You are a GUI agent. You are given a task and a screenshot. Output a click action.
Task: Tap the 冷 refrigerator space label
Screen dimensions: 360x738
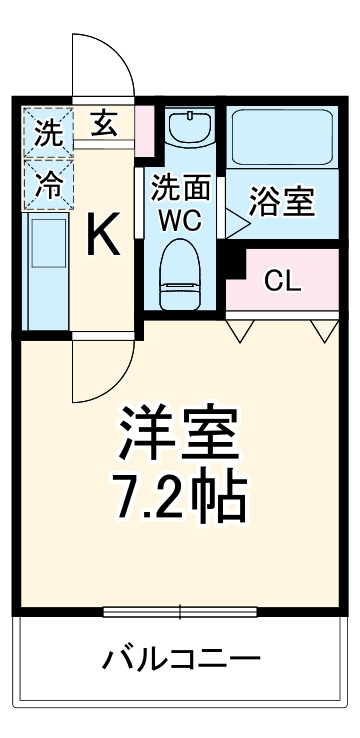(48, 183)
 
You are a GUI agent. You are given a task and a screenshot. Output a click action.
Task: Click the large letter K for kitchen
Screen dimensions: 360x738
(103, 236)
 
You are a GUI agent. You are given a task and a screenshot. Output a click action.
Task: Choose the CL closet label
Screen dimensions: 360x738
(282, 281)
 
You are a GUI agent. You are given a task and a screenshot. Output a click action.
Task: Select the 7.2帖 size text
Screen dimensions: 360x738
(181, 497)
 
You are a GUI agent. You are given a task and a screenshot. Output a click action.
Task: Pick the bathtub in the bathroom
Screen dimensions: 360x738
(282, 138)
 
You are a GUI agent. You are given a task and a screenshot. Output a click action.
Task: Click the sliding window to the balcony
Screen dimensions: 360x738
(181, 611)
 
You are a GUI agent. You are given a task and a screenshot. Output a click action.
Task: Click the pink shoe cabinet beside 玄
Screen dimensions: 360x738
(145, 126)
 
